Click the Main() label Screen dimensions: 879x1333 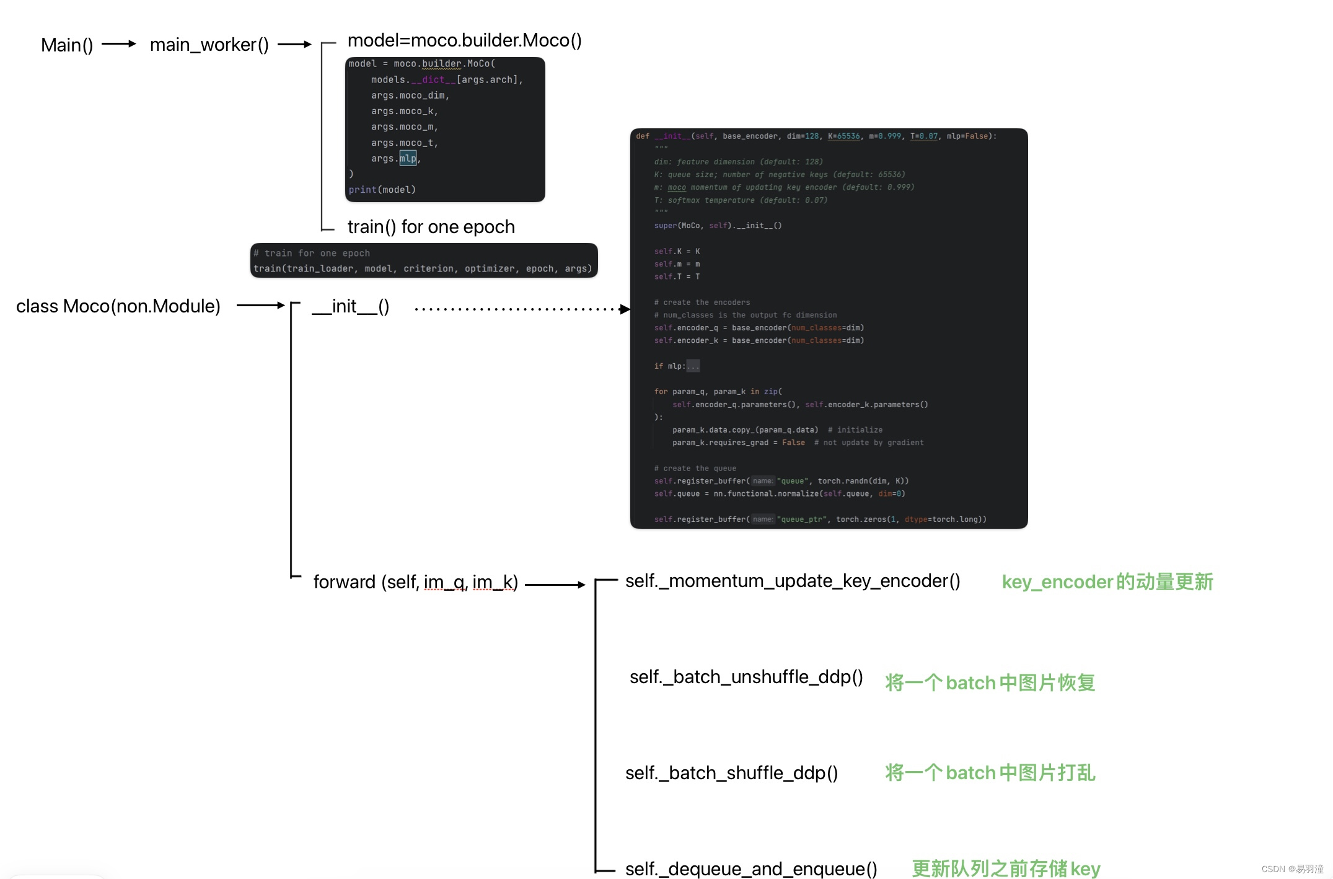[67, 45]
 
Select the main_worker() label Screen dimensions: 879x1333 [209, 45]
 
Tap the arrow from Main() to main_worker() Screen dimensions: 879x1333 [118, 44]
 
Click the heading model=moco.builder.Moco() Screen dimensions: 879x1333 [464, 41]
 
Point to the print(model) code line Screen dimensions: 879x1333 [382, 190]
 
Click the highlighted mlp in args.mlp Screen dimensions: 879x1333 [408, 159]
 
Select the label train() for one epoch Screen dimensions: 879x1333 [431, 227]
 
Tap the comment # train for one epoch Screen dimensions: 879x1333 [312, 253]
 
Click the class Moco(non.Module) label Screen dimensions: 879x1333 [118, 306]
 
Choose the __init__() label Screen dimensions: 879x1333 [351, 306]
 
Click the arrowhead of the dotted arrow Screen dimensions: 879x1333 [625, 309]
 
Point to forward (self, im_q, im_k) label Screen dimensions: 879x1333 [415, 582]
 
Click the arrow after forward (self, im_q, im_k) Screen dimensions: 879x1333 [555, 585]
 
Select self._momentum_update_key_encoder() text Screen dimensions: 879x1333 [793, 581]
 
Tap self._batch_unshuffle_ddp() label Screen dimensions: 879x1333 [746, 677]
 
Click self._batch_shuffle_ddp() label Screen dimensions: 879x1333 [731, 773]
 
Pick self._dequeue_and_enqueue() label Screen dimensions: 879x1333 [751, 868]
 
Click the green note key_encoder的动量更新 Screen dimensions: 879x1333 [1107, 582]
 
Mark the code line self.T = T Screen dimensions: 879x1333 [677, 277]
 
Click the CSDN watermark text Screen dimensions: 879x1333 [1292, 869]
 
